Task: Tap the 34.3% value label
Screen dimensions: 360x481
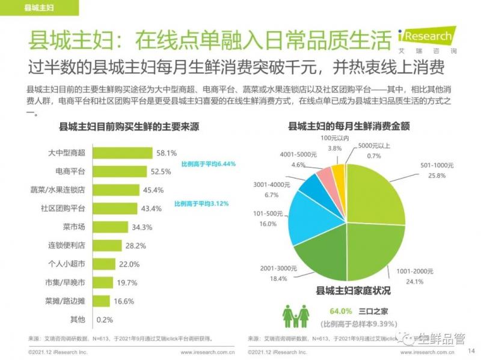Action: point(142,227)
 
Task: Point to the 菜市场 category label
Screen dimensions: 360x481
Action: point(74,227)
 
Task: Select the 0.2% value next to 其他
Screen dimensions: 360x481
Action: point(104,320)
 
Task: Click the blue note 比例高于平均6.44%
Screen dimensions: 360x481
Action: point(208,163)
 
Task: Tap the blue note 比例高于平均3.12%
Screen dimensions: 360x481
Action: point(201,204)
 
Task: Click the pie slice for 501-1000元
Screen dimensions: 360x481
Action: point(376,192)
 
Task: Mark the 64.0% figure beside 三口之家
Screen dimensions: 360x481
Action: point(340,311)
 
